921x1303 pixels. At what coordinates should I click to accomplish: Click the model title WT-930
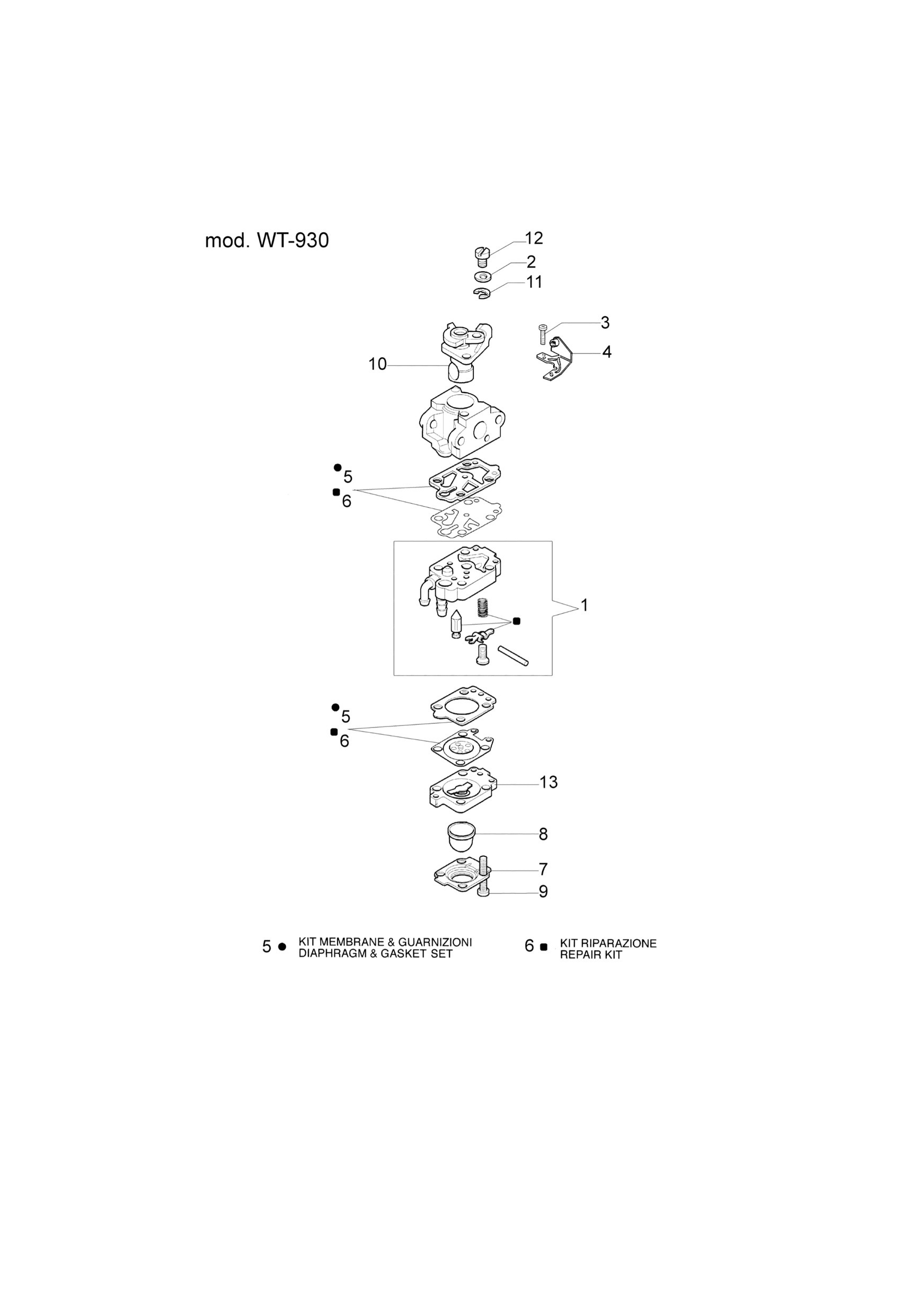(267, 241)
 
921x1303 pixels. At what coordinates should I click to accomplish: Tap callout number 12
(534, 238)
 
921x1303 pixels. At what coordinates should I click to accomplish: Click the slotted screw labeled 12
(481, 256)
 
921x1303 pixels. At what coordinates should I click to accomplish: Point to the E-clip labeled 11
(482, 294)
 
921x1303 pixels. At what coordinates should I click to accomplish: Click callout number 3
(605, 322)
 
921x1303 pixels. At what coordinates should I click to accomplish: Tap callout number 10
(377, 364)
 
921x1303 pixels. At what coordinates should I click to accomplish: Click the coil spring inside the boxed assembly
(483, 609)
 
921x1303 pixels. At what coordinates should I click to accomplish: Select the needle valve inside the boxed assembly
(456, 624)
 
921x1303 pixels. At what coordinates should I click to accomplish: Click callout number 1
(585, 606)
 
